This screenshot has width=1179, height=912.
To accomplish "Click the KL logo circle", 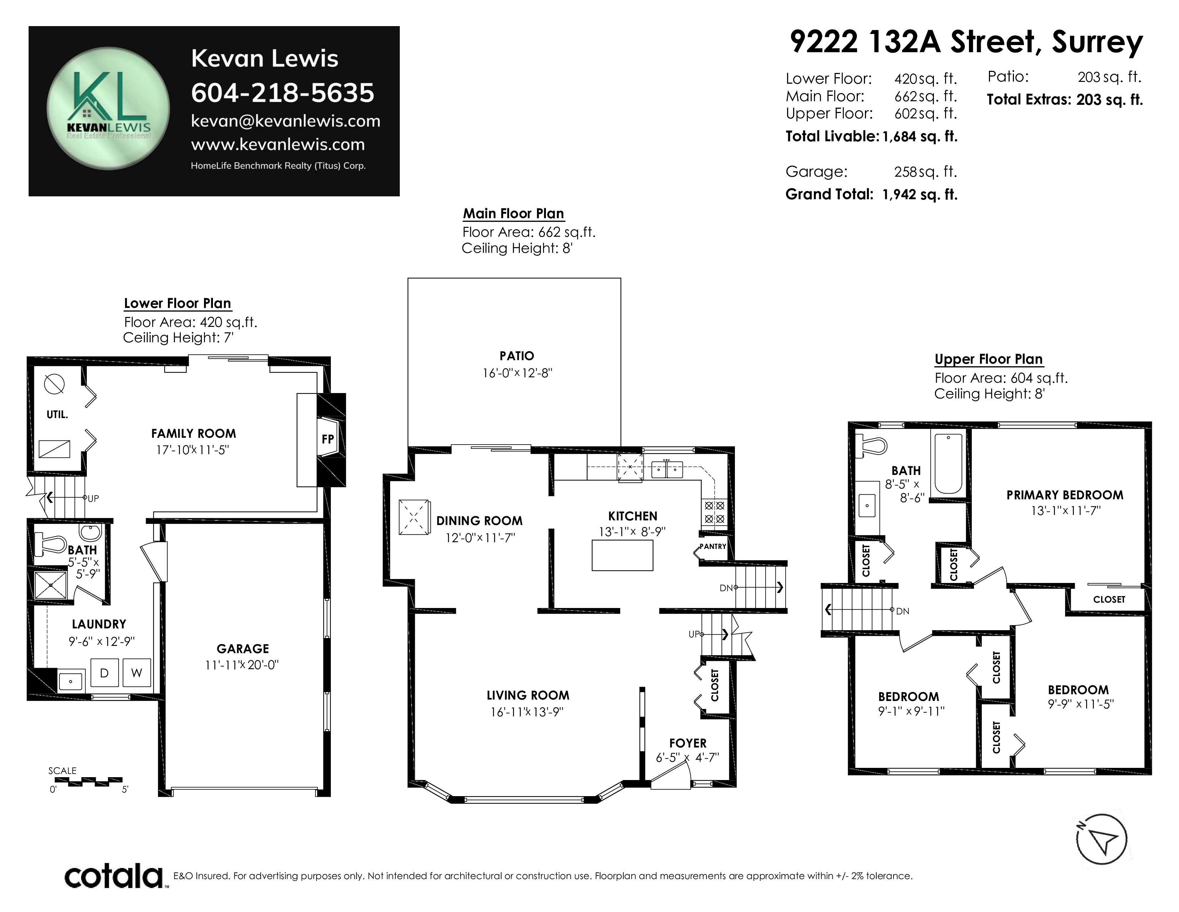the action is pos(108,108).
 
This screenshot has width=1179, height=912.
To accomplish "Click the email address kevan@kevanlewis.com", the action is pos(285,121).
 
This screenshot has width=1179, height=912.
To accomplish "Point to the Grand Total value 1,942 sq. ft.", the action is pos(920,195).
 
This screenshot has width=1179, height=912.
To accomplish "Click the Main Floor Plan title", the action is pos(513,214).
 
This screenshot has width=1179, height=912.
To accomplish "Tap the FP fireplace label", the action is pos(328,439).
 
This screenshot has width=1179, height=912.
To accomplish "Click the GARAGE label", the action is pos(243,649).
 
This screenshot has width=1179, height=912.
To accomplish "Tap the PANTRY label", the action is pos(713,546).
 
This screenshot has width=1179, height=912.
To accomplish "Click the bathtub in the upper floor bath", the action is pos(949,463).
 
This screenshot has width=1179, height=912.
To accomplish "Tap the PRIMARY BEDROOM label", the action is pos(1065,495).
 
